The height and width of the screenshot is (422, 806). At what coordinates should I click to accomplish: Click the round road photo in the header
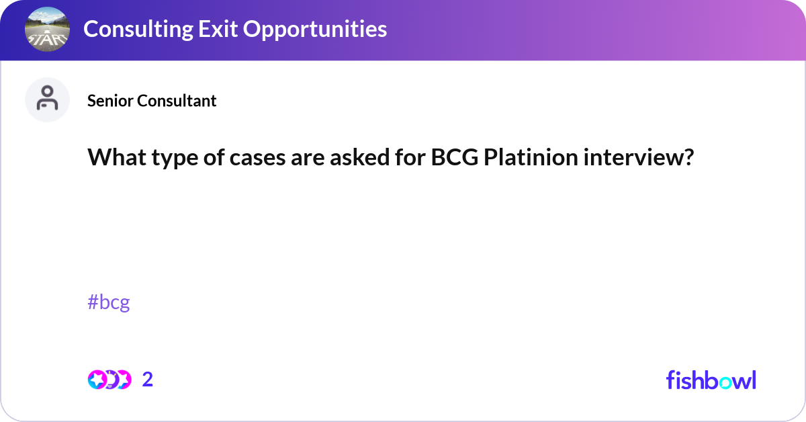[47, 30]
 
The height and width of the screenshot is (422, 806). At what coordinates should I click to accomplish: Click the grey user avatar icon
[47, 99]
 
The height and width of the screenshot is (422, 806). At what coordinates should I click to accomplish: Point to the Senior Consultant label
[152, 101]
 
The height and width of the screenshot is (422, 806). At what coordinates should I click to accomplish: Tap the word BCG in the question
[454, 159]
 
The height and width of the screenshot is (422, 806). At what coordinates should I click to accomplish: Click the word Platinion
[533, 159]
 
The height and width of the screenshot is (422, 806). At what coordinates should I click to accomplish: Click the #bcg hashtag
[108, 302]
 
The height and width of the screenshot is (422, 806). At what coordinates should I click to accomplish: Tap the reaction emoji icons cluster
[109, 380]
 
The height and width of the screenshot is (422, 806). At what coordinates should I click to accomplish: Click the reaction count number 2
[148, 380]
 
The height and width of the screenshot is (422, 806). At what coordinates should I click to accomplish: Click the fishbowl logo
[711, 380]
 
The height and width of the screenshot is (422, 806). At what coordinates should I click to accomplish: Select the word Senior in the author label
[110, 101]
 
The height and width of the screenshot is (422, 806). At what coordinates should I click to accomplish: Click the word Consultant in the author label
[176, 101]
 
